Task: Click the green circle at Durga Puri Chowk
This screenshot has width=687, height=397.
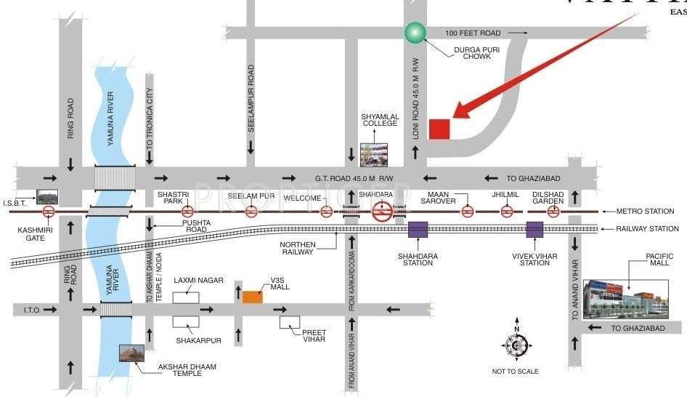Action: [415, 32]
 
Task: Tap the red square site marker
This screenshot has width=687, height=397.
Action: [439, 129]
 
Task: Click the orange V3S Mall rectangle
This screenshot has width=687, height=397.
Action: [253, 297]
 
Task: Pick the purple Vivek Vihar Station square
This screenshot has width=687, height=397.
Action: [535, 230]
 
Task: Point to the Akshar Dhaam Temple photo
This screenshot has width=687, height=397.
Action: [131, 355]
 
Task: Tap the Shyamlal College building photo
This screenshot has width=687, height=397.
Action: [374, 154]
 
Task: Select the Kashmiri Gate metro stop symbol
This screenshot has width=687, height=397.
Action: [49, 212]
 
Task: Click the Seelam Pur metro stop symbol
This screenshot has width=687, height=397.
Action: [251, 212]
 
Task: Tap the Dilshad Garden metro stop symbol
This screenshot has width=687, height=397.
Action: [553, 212]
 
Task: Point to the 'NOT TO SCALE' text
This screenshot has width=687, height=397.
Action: [515, 372]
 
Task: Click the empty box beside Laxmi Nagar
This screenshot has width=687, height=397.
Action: [186, 297]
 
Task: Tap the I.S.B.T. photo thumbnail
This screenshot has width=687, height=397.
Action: [47, 196]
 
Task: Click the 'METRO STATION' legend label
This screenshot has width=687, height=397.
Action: [645, 212]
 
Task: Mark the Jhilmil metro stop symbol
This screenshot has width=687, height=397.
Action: [508, 212]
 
